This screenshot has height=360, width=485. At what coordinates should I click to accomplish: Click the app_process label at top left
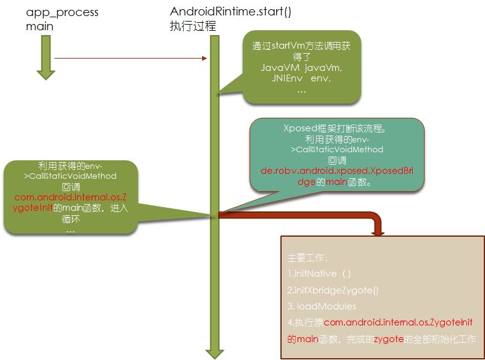point(62,12)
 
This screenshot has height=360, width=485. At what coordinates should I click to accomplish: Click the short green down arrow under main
point(46,59)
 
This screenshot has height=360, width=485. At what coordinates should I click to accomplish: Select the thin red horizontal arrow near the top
point(129,59)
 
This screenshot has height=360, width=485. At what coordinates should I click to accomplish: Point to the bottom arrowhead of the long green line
point(214,353)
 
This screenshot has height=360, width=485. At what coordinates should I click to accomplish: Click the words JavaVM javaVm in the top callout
point(301,67)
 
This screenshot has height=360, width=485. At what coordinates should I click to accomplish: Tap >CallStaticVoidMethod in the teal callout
point(337,149)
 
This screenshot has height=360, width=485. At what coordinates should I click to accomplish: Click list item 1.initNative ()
point(319,273)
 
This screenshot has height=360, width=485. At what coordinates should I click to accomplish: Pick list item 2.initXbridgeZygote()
point(333,290)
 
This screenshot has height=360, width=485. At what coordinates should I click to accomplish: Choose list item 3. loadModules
point(322,306)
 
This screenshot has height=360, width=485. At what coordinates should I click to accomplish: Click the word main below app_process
point(39,27)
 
